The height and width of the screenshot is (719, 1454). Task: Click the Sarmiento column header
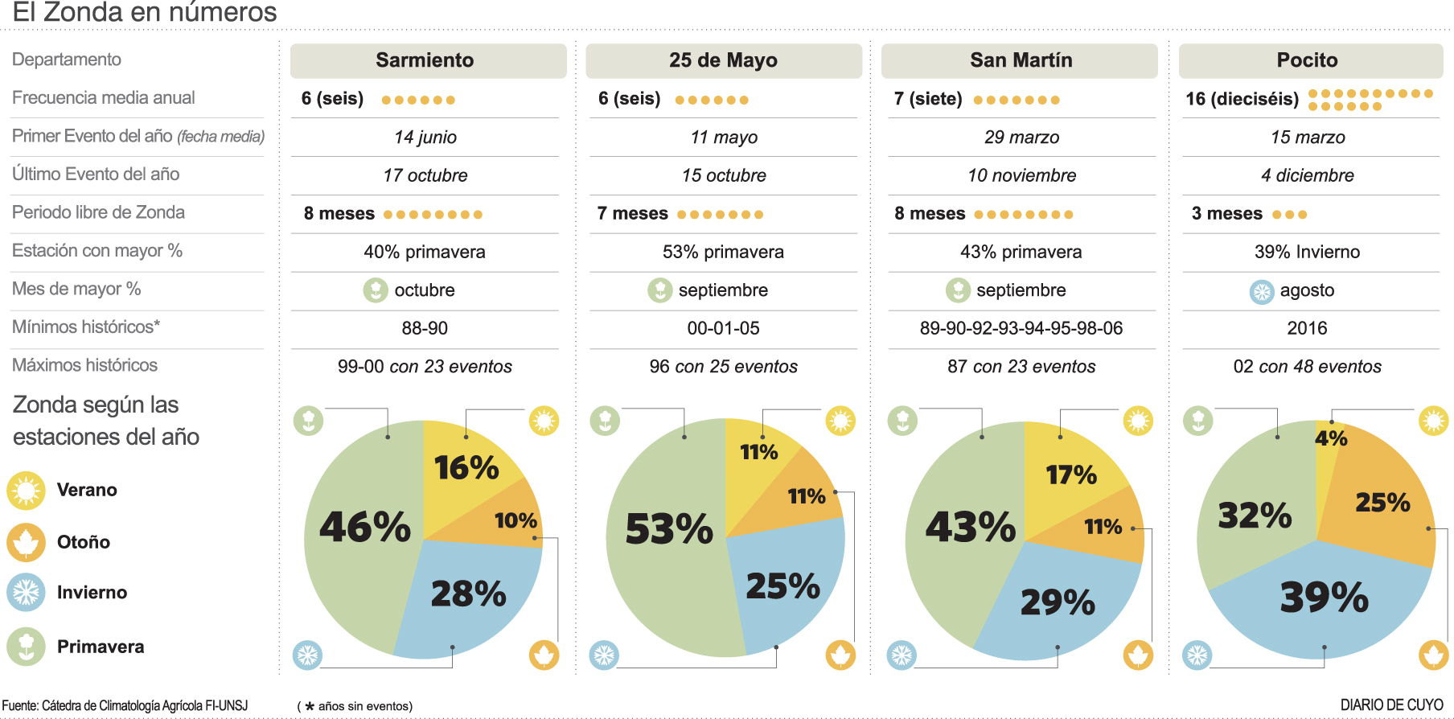tap(425, 60)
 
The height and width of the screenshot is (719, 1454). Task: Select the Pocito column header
tap(1307, 60)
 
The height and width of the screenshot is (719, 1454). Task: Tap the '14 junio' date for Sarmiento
tap(425, 138)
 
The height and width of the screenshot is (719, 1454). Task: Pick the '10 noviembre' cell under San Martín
tap(1021, 175)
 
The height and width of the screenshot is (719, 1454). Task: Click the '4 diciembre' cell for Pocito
tap(1307, 175)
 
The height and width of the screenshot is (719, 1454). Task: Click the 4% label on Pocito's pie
tap(1330, 438)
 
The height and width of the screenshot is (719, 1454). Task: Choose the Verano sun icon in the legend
tap(27, 490)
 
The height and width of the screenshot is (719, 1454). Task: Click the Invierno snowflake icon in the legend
tap(27, 593)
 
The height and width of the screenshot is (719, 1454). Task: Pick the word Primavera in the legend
tap(101, 647)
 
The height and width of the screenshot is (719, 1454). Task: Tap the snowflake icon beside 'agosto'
tap(1262, 291)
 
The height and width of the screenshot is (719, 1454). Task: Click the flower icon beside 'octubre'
tap(376, 290)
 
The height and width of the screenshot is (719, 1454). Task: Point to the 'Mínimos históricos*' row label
tap(86, 327)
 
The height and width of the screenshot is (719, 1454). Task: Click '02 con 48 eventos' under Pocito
tap(1307, 367)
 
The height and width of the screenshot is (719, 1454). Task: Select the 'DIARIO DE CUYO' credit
tap(1391, 705)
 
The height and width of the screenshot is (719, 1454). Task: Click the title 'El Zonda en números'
tap(145, 13)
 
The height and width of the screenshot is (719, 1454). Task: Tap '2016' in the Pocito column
tap(1307, 328)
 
